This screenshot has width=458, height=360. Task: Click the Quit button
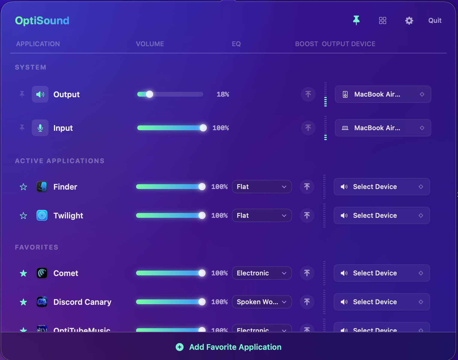pos(435,20)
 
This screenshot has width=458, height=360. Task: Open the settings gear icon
pos(409,20)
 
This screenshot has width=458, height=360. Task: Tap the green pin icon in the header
pos(356,20)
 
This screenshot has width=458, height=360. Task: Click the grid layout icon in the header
pos(382,20)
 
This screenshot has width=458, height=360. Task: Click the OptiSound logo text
pos(42,20)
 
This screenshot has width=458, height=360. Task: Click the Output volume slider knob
pos(149,94)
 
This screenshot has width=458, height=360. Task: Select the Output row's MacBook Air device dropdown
pos(383,94)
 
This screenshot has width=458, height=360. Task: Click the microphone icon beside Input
pos(40,128)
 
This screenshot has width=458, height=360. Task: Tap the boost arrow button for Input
pos(308,128)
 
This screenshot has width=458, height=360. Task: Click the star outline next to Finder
pos(23,187)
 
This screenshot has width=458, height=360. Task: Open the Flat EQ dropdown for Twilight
pos(262,215)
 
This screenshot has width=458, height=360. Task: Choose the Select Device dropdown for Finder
pos(382,187)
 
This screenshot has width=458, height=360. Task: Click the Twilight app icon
pos(42,215)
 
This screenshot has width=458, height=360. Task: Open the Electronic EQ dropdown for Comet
pos(262,273)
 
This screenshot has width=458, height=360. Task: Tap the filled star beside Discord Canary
pos(23,302)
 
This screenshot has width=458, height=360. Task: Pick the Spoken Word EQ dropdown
pos(262,302)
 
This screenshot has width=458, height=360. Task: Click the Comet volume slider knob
pos(202,273)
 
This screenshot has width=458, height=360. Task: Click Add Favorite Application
pos(229,347)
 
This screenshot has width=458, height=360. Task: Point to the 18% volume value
pos(223,94)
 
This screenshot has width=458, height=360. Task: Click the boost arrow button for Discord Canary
pos(307,302)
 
